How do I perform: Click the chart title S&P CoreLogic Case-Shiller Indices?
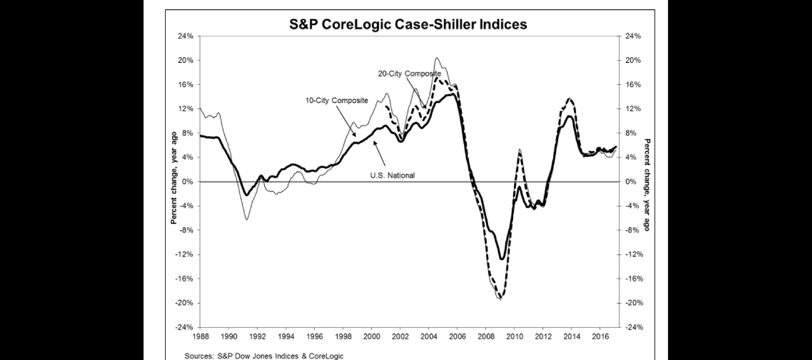pos(408,25)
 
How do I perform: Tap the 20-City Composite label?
pos(409,74)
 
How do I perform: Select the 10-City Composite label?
pos(336,100)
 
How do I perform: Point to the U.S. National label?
pos(392,175)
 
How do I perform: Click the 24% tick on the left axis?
pos(185,36)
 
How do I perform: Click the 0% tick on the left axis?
pos(187,182)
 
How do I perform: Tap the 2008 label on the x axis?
pos(485,337)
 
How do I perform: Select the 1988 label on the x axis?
pos(200,337)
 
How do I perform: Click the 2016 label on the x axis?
pos(600,337)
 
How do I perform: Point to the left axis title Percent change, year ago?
pos(174,178)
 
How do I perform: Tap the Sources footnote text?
pos(264,356)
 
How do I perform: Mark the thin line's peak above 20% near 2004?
pos(437,58)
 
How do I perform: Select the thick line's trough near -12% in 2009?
pos(501,259)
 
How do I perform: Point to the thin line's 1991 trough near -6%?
pos(247,220)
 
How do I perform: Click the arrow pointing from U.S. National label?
pos(379,153)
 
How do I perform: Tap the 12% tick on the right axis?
pos(633,109)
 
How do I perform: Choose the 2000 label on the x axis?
pos(371,337)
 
